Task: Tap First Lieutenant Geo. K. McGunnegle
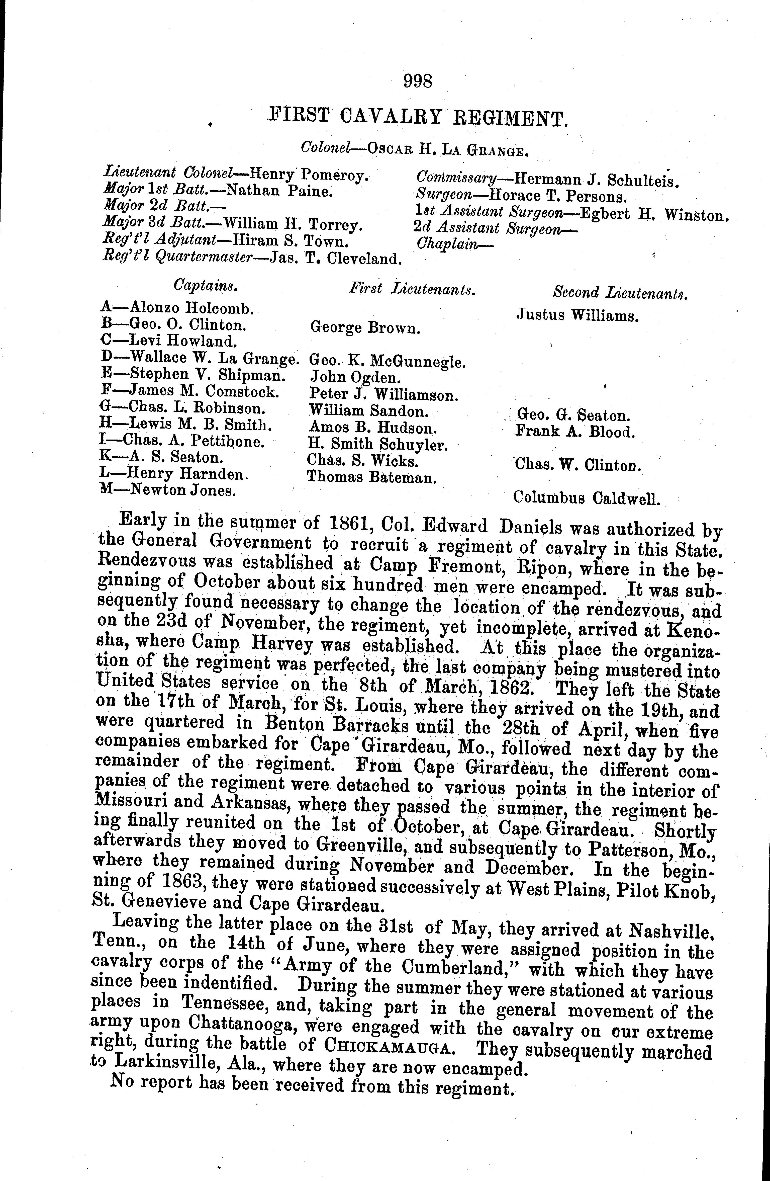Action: point(387,361)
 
